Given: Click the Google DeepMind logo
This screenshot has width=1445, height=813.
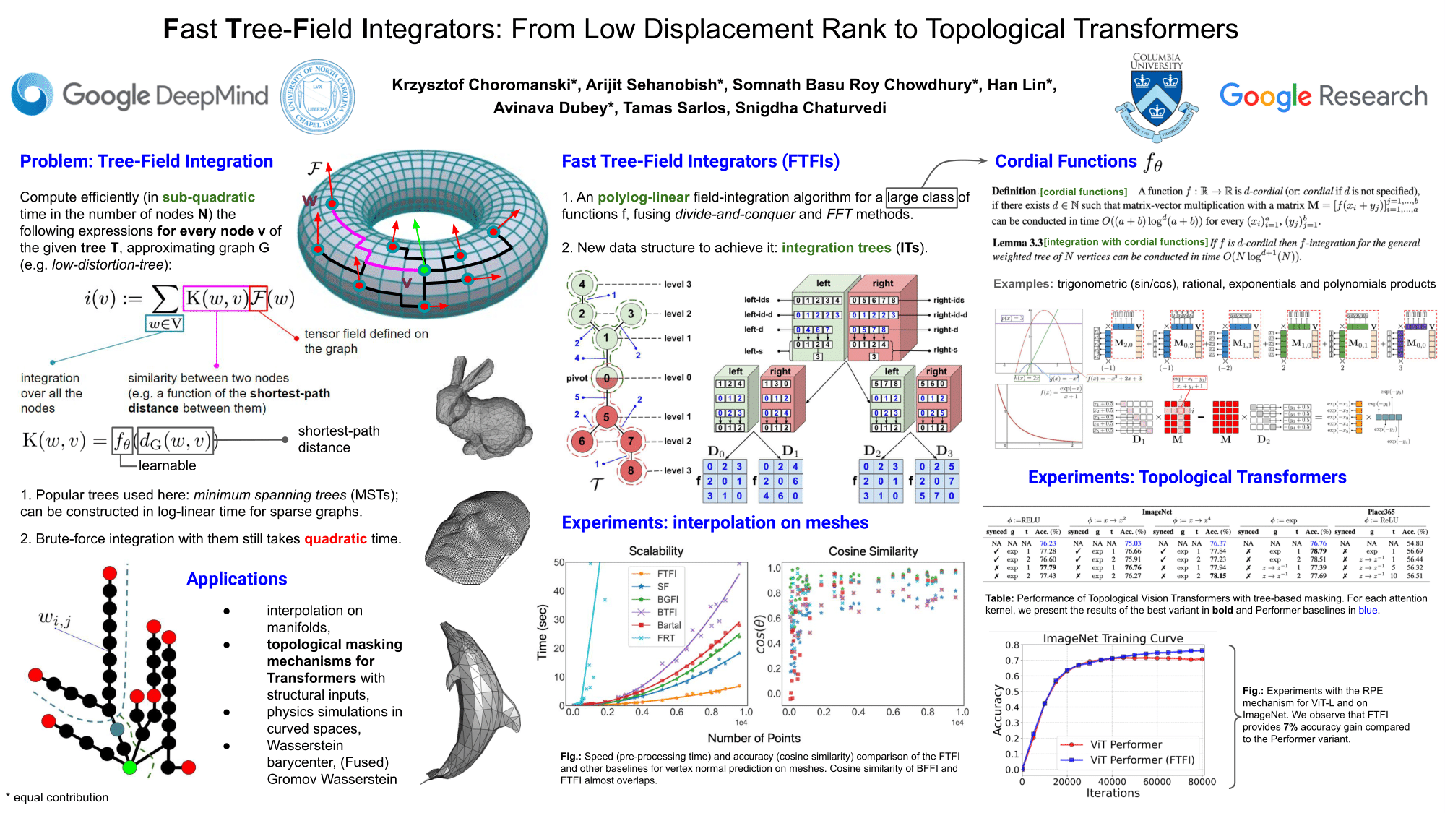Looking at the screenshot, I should tap(139, 95).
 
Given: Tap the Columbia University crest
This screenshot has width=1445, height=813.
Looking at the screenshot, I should tap(1156, 98).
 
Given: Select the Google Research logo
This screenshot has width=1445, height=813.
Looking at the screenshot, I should tap(1323, 96).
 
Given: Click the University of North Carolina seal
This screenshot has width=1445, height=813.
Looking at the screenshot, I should tap(317, 96).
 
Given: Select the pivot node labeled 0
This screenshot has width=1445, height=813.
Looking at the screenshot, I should tap(606, 377).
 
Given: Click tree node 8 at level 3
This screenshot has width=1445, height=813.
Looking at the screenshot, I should tap(631, 470).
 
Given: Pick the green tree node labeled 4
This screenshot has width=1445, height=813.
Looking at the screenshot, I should tap(582, 284).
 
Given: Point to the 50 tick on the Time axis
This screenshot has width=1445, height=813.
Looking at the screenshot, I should tap(559, 562).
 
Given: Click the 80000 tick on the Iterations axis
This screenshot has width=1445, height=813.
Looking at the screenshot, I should tap(1202, 781).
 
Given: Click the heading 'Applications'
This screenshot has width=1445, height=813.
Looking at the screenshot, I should tap(236, 579).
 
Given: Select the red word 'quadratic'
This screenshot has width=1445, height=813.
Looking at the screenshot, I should tap(335, 538).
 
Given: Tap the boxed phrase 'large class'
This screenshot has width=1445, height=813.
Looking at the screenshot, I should tap(921, 197).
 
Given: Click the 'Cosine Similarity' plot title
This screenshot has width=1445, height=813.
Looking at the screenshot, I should tap(873, 551).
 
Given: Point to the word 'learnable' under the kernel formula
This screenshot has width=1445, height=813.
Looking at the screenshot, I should tap(167, 465).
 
